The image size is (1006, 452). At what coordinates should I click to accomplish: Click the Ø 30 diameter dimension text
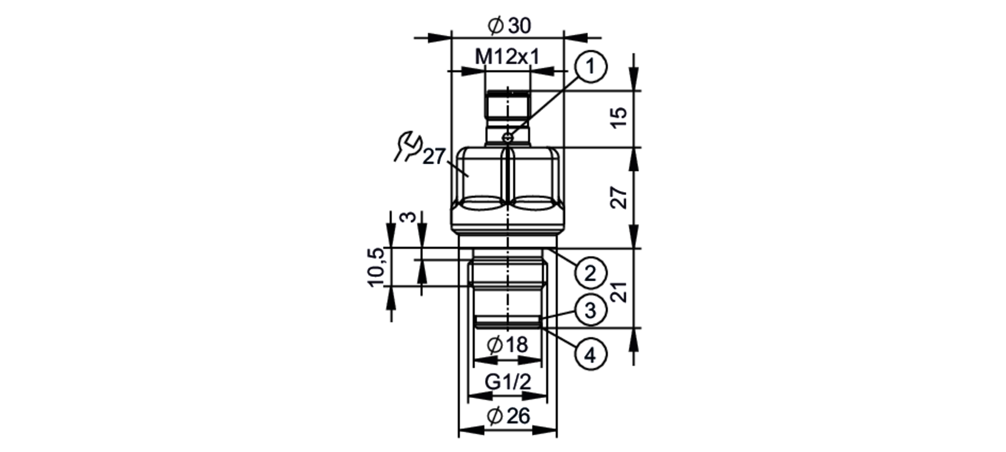pyautogui.click(x=509, y=25)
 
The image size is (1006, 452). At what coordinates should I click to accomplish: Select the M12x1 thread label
pyautogui.click(x=507, y=57)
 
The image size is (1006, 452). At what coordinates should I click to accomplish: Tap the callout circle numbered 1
pyautogui.click(x=591, y=66)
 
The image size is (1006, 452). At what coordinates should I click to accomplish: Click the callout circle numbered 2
pyautogui.click(x=590, y=273)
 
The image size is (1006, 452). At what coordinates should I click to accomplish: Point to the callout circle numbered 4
pyautogui.click(x=591, y=355)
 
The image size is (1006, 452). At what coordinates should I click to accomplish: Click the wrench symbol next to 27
pyautogui.click(x=407, y=146)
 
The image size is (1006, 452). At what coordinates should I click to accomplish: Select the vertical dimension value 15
pyautogui.click(x=620, y=117)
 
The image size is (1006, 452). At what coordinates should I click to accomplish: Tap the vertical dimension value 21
pyautogui.click(x=620, y=291)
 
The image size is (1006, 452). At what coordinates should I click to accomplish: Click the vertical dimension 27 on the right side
pyautogui.click(x=620, y=197)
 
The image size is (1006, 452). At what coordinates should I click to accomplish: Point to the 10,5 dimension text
pyautogui.click(x=377, y=267)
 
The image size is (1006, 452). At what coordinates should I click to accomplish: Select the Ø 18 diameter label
pyautogui.click(x=508, y=345)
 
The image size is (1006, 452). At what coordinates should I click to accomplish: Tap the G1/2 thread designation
pyautogui.click(x=508, y=382)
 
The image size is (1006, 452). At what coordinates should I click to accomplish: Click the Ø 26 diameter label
pyautogui.click(x=509, y=416)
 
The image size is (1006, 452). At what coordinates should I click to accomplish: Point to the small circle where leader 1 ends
pyautogui.click(x=509, y=137)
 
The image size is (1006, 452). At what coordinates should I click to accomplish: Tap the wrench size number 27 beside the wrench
pyautogui.click(x=434, y=157)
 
